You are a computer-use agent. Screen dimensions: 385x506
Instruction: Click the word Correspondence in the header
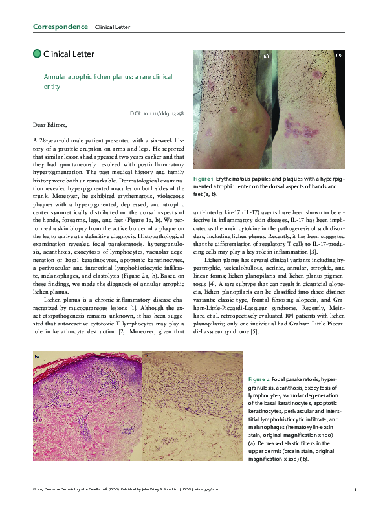[x=60, y=27]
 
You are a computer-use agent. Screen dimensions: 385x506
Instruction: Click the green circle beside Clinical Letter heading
[x=36, y=54]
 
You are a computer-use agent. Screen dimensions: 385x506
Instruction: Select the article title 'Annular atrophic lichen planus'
[x=91, y=76]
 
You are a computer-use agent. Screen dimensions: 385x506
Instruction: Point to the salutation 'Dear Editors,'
[x=49, y=124]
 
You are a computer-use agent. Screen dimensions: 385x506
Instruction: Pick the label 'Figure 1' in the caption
[x=203, y=178]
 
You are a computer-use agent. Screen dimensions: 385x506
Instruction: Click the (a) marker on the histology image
[x=37, y=356]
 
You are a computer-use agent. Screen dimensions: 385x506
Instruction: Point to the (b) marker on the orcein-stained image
[x=148, y=356]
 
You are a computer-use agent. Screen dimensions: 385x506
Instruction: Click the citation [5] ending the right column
[x=255, y=332]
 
